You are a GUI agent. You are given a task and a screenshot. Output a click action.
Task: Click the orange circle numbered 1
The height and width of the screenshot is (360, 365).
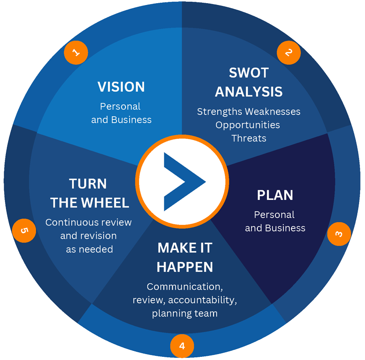pyautogui.click(x=76, y=52)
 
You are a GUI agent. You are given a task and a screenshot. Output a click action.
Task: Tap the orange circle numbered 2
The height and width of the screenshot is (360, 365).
pyautogui.click(x=289, y=52)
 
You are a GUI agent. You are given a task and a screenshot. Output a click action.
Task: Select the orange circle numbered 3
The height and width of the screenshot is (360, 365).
pyautogui.click(x=339, y=234)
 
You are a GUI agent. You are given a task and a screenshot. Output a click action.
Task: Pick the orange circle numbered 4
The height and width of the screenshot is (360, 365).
pyautogui.click(x=182, y=346)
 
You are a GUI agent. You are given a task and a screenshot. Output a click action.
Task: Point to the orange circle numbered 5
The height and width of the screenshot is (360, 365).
pyautogui.click(x=24, y=230)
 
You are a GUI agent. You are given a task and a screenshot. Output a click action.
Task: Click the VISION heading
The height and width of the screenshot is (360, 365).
pyautogui.click(x=121, y=87)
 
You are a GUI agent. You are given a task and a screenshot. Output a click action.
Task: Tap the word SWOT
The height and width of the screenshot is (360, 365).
pyautogui.click(x=249, y=73)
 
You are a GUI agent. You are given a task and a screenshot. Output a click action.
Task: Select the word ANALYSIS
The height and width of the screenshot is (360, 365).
pyautogui.click(x=249, y=92)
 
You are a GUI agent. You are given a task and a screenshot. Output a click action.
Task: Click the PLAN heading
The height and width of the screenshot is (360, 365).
pyautogui.click(x=275, y=195)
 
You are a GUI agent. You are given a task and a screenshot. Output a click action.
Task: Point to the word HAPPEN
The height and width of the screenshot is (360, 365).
pyautogui.click(x=185, y=267)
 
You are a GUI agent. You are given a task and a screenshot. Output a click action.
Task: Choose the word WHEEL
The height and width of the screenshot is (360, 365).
pyautogui.click(x=106, y=203)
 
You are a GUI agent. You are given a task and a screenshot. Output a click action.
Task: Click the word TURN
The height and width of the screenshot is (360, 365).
pyautogui.click(x=88, y=184)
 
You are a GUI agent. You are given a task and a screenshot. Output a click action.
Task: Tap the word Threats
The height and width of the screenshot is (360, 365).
pyautogui.click(x=249, y=138)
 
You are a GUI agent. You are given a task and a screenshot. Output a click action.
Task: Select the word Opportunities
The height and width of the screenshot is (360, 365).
pyautogui.click(x=248, y=125)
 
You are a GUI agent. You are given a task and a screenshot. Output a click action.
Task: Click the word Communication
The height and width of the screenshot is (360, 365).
pyautogui.click(x=185, y=287)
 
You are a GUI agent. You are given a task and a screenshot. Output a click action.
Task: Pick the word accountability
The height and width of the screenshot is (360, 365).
pyautogui.click(x=203, y=300)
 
